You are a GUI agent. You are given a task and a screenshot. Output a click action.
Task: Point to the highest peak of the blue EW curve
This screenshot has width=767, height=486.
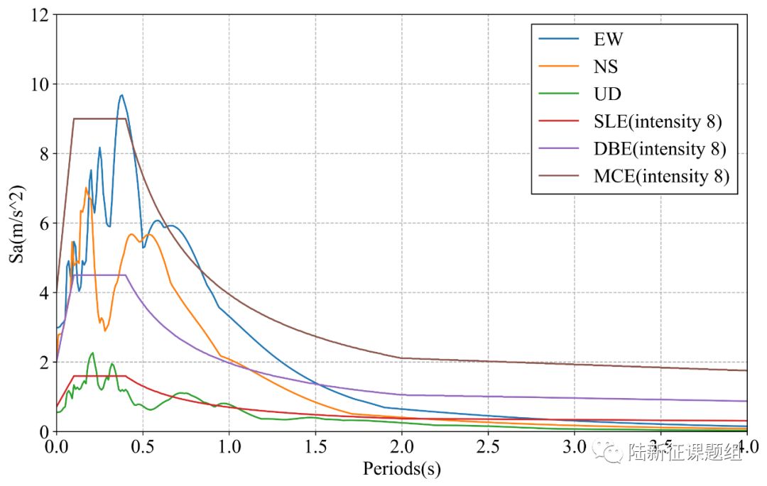click(x=121, y=95)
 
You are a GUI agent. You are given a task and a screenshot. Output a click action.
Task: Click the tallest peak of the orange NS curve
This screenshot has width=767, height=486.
click(x=86, y=188)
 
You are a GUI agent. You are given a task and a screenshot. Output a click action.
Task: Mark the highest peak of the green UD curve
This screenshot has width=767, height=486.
click(x=92, y=353)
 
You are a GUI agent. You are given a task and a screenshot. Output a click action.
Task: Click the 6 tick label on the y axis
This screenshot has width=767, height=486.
click(x=43, y=223)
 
